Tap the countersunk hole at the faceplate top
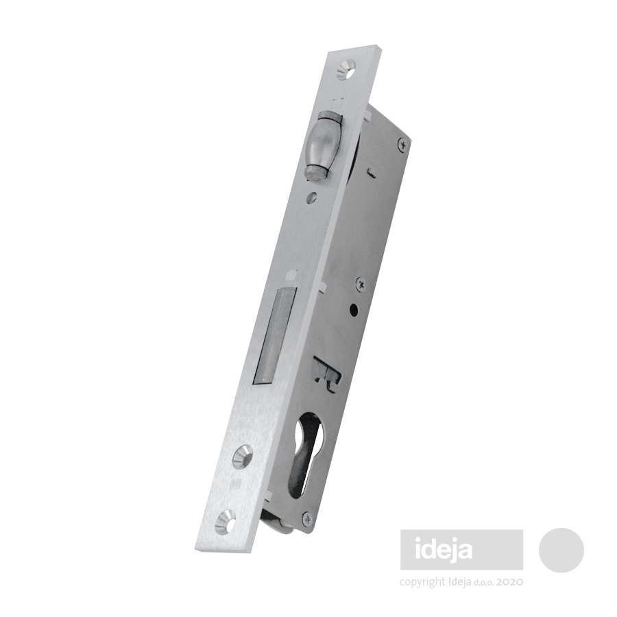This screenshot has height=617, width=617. coord(347,67)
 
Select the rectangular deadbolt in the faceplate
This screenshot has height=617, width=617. coord(273,336)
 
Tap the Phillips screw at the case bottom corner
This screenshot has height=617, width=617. coord(307,519)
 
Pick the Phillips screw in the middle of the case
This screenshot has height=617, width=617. coord(361,284)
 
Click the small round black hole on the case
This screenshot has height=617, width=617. coord(355,310)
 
